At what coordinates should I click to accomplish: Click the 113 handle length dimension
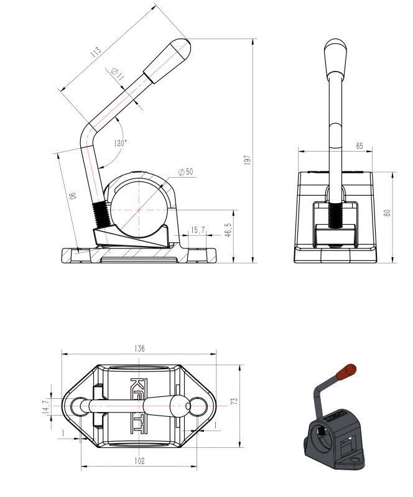[x=96, y=52]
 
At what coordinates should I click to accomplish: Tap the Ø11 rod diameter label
[x=118, y=74]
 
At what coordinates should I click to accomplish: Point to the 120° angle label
[x=120, y=143]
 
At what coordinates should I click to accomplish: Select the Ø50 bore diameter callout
[x=186, y=172]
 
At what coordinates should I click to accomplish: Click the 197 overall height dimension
[x=248, y=160]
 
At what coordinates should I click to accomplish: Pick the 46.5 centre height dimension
[x=228, y=229]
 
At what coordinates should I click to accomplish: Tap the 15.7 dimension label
[x=198, y=230]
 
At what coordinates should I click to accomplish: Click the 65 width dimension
[x=360, y=146]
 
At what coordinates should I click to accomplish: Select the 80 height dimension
[x=387, y=213]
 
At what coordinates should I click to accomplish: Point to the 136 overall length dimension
[x=139, y=349]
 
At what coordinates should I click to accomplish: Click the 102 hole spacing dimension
[x=139, y=460]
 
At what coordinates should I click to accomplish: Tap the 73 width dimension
[x=234, y=401]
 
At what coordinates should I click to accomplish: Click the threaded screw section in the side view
[x=101, y=214]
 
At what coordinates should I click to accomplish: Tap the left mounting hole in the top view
[x=77, y=406]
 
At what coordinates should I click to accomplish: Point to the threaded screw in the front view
[x=335, y=215]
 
